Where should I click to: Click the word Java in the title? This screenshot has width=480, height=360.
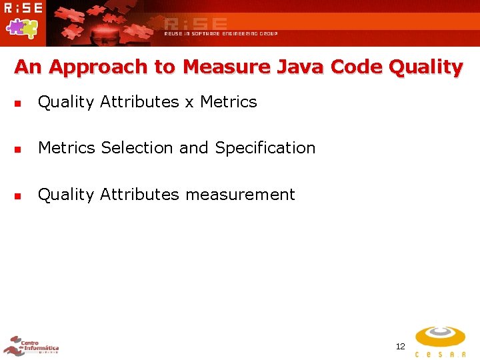tap(300, 67)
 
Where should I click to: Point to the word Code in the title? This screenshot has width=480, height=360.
tap(357, 67)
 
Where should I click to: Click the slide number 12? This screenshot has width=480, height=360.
tap(400, 346)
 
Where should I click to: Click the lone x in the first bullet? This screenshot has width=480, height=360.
tap(189, 103)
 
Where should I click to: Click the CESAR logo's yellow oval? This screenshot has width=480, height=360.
tap(440, 336)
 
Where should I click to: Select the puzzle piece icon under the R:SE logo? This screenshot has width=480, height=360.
tap(22, 27)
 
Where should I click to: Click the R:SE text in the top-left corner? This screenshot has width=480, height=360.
tap(23, 9)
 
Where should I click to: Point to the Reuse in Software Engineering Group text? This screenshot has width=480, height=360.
tap(221, 33)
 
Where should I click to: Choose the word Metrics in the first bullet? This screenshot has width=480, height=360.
tap(228, 102)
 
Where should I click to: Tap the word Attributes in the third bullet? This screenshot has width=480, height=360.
tap(139, 195)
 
